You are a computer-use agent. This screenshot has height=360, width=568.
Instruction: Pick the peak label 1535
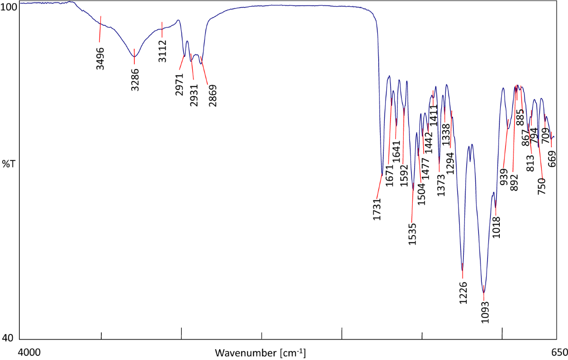(412, 234)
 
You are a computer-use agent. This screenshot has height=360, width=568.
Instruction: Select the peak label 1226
(463, 293)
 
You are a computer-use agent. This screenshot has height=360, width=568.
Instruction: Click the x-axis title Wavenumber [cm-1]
(260, 352)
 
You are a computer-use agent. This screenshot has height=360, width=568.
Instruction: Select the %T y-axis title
(9, 164)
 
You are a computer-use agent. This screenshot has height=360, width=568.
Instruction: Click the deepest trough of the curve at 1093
(483, 292)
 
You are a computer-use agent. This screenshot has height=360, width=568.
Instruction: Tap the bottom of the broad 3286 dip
(134, 57)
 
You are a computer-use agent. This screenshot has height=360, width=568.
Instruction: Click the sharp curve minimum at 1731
(382, 175)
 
